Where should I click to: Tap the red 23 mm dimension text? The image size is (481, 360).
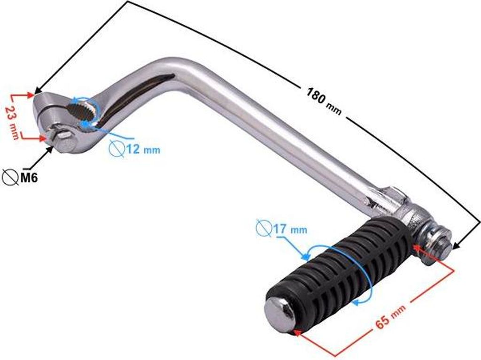tap(13, 123)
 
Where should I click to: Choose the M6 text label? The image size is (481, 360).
tap(29, 177)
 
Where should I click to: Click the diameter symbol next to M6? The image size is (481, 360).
tap(10, 177)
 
